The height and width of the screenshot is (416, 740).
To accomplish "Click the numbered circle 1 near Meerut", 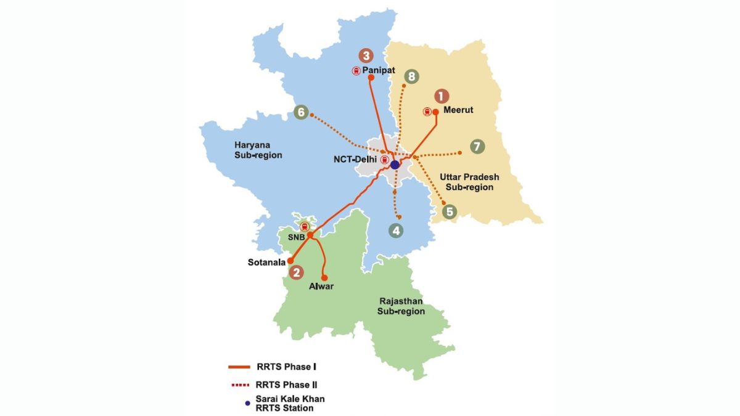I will pyautogui.click(x=441, y=96).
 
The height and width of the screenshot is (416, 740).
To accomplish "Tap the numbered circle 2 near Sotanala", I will pyautogui.click(x=297, y=272).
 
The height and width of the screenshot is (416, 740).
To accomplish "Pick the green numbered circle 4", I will pyautogui.click(x=396, y=230).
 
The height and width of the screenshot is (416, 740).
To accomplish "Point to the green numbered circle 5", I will pyautogui.click(x=450, y=211).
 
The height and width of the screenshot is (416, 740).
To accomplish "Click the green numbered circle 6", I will pyautogui.click(x=301, y=112).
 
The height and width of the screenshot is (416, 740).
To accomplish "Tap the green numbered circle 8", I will pyautogui.click(x=411, y=77).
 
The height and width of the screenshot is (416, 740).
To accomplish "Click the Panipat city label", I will pyautogui.click(x=379, y=71).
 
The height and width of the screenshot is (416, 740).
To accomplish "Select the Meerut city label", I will pyautogui.click(x=458, y=112).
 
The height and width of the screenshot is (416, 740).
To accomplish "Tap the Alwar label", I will pyautogui.click(x=321, y=286).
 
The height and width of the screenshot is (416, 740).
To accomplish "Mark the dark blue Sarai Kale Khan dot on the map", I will pyautogui.click(x=395, y=165).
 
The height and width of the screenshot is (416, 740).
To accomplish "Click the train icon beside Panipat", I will pyautogui.click(x=356, y=71).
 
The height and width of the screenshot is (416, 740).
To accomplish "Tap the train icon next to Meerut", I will pyautogui.click(x=427, y=112).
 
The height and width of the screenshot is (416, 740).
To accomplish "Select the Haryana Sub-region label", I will pyautogui.click(x=258, y=150).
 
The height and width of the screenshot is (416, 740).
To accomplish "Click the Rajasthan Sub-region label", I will pyautogui.click(x=401, y=306).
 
